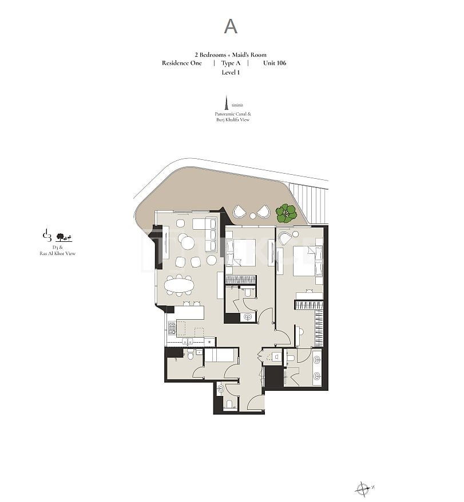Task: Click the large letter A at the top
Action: click(231, 26)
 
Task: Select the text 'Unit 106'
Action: click(275, 63)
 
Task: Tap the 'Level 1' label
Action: click(231, 72)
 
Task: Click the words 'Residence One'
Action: click(182, 63)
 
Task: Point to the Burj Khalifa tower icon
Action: click(227, 101)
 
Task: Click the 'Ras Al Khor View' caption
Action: click(58, 253)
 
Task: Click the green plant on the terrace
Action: click(286, 214)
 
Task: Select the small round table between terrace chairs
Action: click(253, 216)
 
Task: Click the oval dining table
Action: click(179, 284)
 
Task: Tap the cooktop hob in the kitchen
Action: click(172, 328)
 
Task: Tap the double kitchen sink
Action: click(188, 341)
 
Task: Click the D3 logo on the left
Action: click(47, 236)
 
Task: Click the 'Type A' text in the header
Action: click(231, 63)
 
